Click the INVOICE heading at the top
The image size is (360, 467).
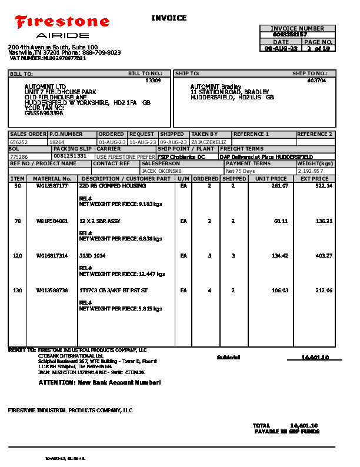(x=169, y=18)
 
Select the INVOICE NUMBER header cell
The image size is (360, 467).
(x=297, y=28)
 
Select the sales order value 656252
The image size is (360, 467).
(x=19, y=142)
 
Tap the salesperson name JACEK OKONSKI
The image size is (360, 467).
(x=161, y=171)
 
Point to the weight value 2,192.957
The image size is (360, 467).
(x=311, y=171)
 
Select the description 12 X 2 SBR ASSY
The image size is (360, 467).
(x=99, y=221)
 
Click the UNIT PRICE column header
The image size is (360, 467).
(x=271, y=178)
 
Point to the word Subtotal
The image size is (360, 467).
(x=229, y=358)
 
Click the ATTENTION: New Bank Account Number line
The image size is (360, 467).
(x=99, y=382)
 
